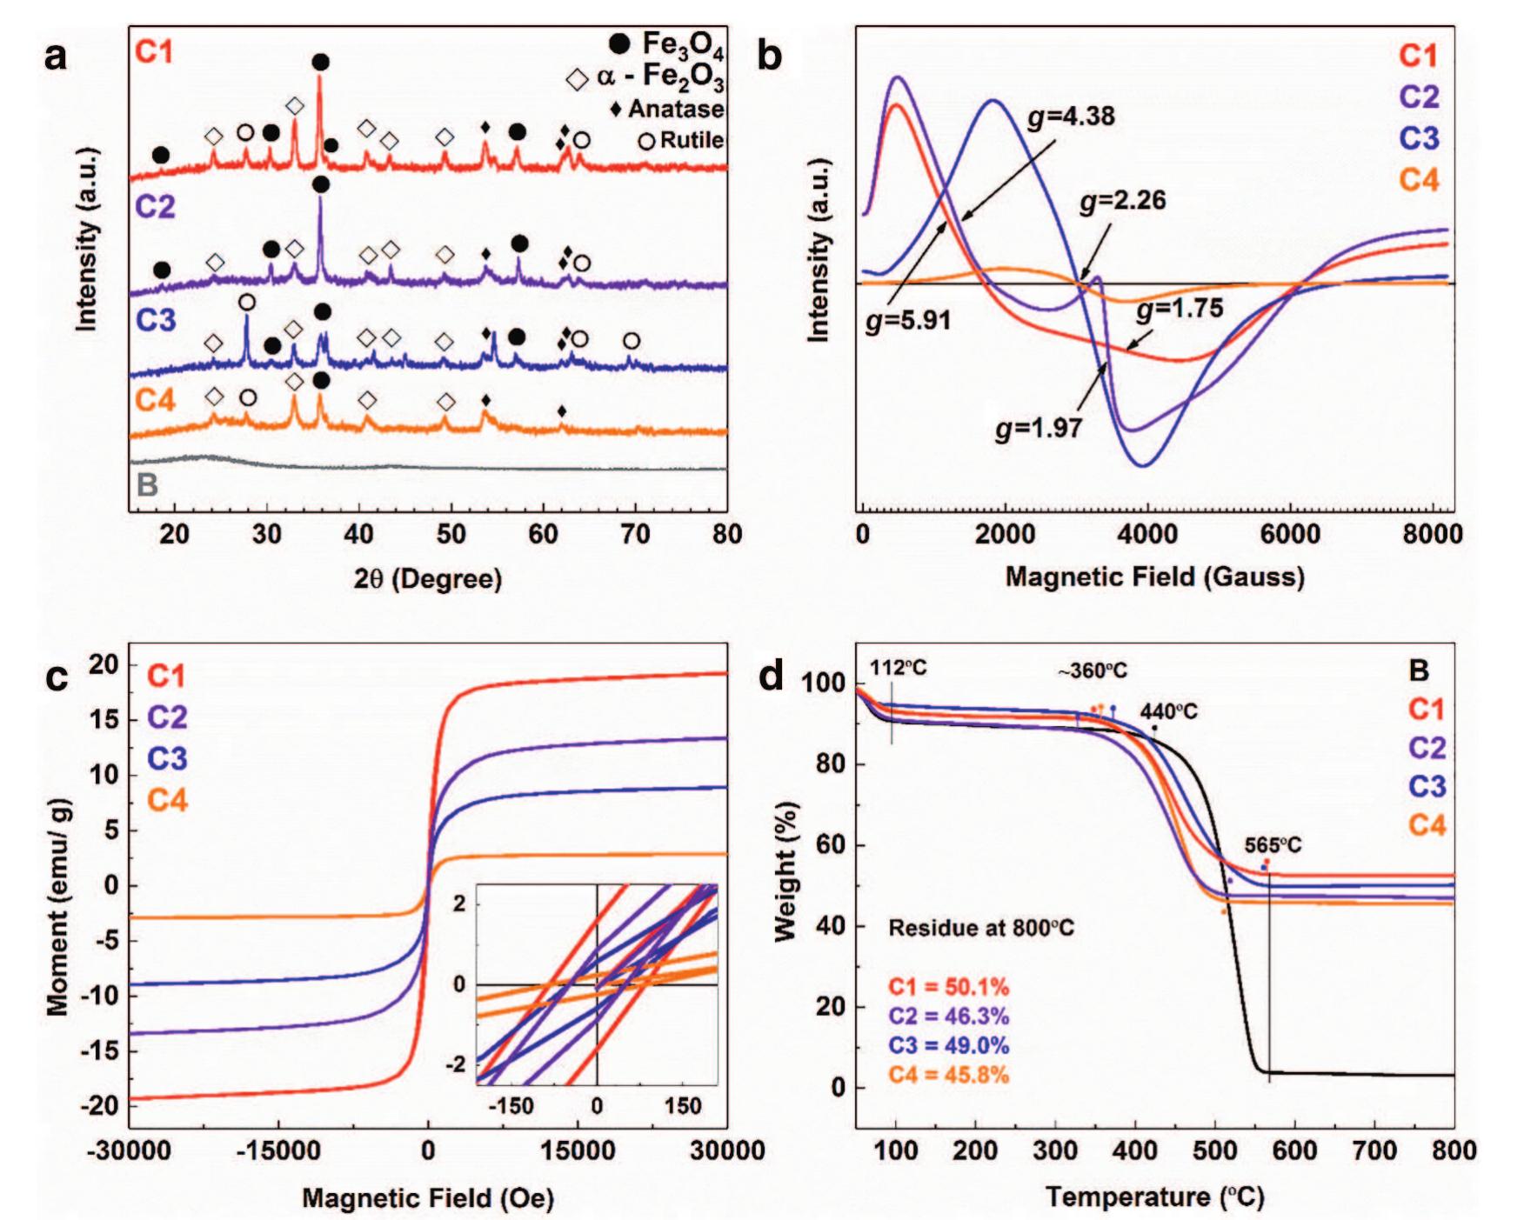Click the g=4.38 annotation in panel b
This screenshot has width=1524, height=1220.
point(1071,117)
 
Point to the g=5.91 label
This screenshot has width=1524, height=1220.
point(908,321)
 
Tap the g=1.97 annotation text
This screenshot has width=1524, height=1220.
point(1039,428)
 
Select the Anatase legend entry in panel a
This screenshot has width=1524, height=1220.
point(668,110)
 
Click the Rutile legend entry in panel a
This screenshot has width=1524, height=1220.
point(682,140)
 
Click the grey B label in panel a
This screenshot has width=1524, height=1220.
point(147,484)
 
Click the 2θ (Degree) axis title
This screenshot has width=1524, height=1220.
point(428,578)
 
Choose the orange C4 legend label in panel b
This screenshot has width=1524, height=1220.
point(1419,180)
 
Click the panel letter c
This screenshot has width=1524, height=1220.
point(57,677)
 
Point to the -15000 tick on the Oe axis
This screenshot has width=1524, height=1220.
point(277,1150)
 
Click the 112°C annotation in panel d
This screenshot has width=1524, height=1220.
point(899,668)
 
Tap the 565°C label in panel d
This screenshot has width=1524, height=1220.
point(1273,845)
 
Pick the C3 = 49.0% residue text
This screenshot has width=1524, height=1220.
point(948,1045)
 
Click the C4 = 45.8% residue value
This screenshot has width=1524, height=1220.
point(948,1075)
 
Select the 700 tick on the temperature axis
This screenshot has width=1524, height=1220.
point(1374,1150)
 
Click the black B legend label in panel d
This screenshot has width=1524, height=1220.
point(1418,670)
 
